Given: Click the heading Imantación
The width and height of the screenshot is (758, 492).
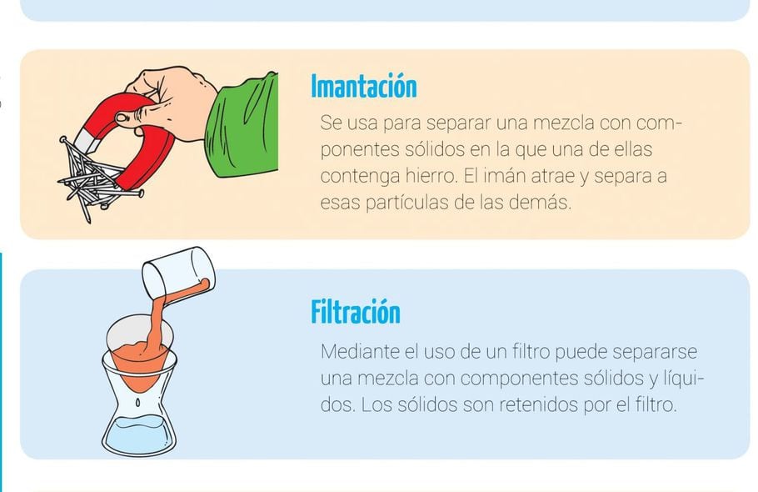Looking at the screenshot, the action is pos(363,87).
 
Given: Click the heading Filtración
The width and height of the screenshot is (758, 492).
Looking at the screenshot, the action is pos(356,312).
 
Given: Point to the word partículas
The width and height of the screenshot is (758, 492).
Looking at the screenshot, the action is pos(407,202).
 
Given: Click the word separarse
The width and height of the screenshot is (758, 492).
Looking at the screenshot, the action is pos(655,352).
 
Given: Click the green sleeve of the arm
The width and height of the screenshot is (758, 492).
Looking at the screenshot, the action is pos(242,126).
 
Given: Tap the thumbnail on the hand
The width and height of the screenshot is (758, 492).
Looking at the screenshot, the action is pos(121,118).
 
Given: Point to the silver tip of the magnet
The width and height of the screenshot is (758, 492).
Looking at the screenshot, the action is pos(86,141).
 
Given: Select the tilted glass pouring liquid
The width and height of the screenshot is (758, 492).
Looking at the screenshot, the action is pos(178,273).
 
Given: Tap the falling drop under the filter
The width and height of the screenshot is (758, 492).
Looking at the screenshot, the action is pos(137,402).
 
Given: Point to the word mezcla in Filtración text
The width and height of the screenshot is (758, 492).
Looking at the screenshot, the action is pos(387,378).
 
